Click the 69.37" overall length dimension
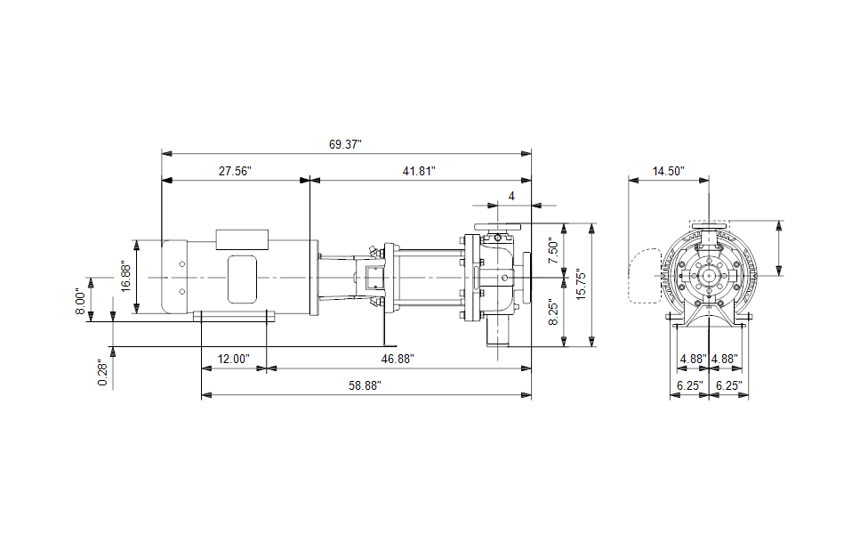pos(345,144)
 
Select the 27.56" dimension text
pos(235,171)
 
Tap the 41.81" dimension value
pos(419,171)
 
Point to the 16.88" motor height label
pos(125,278)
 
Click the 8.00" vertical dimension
pos(81,302)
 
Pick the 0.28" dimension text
pos(102,374)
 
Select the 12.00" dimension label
pos(233,359)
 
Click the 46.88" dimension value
pos(398,359)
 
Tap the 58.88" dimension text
pos(365,385)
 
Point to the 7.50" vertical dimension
pos(553,250)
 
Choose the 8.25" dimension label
pos(553,311)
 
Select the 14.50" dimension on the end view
pos(668,171)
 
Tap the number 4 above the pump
pos(511,196)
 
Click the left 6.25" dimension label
pos(690,385)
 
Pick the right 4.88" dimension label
pos(725,359)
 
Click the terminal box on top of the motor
pos(242,239)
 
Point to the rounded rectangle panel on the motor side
pos(243,279)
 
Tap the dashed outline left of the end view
pos(645,275)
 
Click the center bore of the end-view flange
pos(709,275)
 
